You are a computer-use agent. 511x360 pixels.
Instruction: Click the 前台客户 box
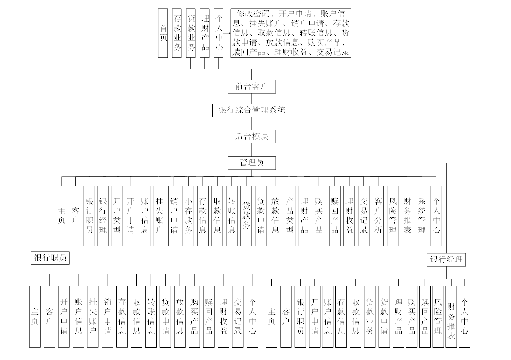251,87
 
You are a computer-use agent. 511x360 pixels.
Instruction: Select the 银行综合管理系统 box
251,110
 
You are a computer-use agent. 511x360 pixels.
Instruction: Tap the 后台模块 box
251,136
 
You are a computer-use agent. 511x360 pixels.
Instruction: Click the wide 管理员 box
251,162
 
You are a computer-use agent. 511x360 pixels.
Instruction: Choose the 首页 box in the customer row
163,33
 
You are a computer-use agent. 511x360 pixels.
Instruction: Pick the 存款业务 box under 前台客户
177,33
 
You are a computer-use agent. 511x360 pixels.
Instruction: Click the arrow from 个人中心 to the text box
227,33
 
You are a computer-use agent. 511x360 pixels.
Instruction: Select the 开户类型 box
117,216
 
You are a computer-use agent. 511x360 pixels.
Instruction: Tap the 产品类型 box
290,216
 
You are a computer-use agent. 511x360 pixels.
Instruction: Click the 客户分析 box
378,216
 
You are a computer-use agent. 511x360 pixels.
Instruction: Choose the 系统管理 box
422,216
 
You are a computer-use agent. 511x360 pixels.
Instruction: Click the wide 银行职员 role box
50,258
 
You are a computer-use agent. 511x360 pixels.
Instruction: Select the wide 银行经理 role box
446,259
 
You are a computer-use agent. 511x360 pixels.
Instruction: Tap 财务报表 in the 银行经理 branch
451,316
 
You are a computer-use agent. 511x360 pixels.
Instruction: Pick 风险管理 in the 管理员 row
393,216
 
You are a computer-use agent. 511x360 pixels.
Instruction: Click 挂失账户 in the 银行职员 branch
93,316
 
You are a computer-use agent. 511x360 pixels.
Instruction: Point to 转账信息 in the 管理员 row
232,216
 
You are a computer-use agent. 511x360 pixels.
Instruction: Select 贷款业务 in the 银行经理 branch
370,316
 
